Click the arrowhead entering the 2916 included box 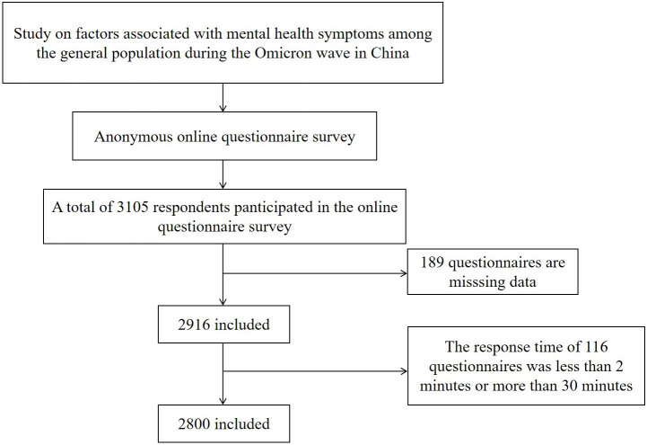pos(223,301)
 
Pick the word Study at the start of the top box pos(33,38)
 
